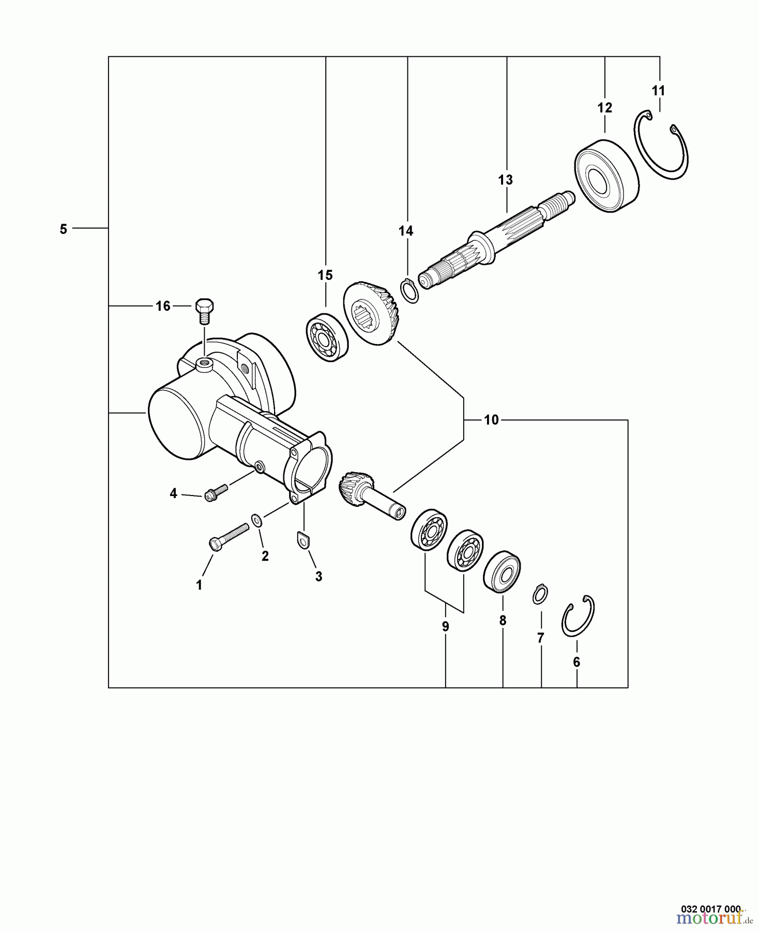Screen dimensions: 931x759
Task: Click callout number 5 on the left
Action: (63, 229)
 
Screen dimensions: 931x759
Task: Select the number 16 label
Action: (163, 306)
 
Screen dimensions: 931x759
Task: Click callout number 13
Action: (505, 180)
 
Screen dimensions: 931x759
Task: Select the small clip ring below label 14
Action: (409, 291)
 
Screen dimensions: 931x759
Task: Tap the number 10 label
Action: (491, 420)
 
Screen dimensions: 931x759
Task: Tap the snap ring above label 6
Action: (578, 616)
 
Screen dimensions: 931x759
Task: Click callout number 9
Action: (445, 627)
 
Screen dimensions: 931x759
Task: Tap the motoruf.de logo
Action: (714, 920)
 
